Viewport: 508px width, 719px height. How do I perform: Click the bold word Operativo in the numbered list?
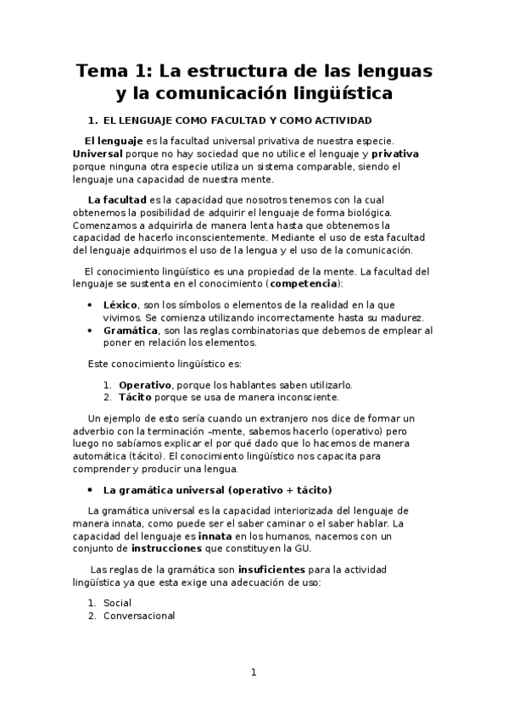pos(144,384)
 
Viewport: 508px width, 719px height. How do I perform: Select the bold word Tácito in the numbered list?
pos(136,397)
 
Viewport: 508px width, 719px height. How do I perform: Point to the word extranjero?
pos(260,418)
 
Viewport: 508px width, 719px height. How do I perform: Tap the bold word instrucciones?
pos(170,549)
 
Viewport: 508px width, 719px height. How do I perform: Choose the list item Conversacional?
pos(139,616)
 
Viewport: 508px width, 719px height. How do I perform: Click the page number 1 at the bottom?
pos(253,672)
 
